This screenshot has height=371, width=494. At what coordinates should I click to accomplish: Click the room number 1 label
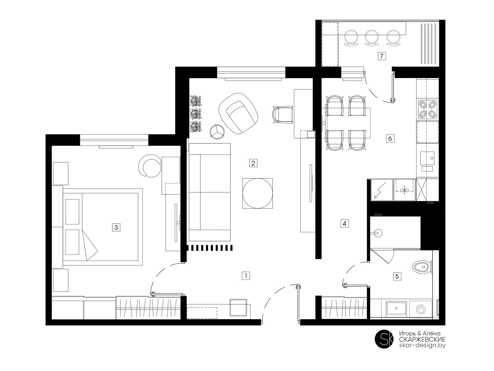pyautogui.click(x=246, y=276)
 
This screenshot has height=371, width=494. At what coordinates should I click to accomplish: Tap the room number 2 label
pyautogui.click(x=253, y=163)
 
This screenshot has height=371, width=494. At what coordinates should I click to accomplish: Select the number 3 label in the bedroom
pyautogui.click(x=116, y=227)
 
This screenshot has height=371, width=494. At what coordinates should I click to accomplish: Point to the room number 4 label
pyautogui.click(x=345, y=224)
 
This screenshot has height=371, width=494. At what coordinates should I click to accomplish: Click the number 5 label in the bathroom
pyautogui.click(x=397, y=276)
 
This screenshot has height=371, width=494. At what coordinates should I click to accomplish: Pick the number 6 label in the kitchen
pyautogui.click(x=390, y=138)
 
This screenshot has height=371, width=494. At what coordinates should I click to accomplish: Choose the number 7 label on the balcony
pyautogui.click(x=382, y=56)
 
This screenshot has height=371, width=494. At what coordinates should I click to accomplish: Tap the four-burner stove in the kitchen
pyautogui.click(x=427, y=109)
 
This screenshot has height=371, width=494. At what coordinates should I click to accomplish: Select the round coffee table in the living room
pyautogui.click(x=257, y=193)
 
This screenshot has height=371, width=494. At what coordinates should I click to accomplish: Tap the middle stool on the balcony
pyautogui.click(x=372, y=39)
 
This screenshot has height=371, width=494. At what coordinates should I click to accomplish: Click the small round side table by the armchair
pyautogui.click(x=217, y=132)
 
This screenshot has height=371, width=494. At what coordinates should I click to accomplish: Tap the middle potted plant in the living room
pyautogui.click(x=195, y=114)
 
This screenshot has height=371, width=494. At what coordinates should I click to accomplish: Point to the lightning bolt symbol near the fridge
pyautogui.click(x=380, y=190)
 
